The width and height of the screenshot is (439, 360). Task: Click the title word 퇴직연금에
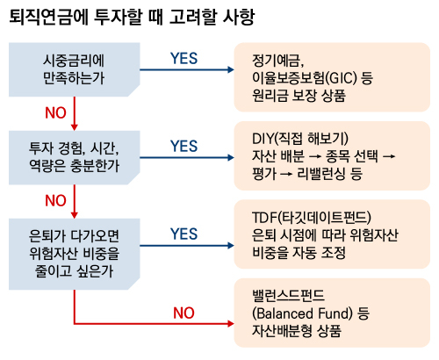click(x=48, y=17)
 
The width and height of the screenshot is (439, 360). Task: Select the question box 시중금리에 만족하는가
click(x=75, y=69)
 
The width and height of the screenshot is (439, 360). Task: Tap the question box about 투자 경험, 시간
click(x=75, y=157)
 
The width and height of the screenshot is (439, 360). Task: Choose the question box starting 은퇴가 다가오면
click(x=75, y=254)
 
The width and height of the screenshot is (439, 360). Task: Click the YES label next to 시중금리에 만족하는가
click(x=184, y=59)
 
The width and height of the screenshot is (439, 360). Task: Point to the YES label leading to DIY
click(x=184, y=146)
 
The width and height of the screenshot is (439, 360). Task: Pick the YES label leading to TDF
click(x=184, y=234)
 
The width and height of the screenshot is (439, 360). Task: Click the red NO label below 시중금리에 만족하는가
click(x=55, y=112)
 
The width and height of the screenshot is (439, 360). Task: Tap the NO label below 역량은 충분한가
click(x=55, y=200)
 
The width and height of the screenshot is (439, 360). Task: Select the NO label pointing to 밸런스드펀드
click(x=184, y=313)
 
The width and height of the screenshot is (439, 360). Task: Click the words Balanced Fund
click(x=304, y=313)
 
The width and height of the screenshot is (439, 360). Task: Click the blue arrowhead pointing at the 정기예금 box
click(x=231, y=69)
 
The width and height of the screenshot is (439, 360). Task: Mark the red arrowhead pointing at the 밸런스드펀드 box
click(x=231, y=324)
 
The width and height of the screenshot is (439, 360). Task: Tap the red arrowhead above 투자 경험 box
click(x=75, y=127)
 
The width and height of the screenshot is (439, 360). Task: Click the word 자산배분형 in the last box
click(x=282, y=331)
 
